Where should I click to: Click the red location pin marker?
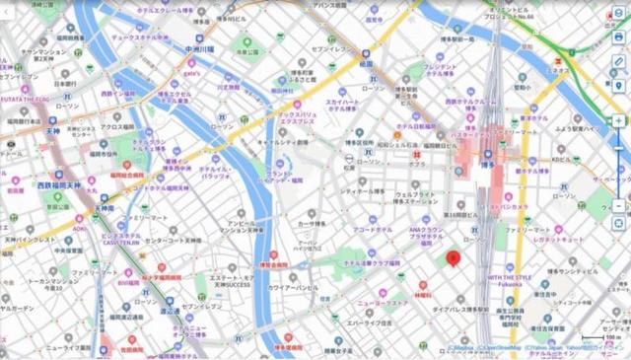pos(454,259)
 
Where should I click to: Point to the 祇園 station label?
pos(366,91)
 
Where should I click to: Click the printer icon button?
pos(618,36)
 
